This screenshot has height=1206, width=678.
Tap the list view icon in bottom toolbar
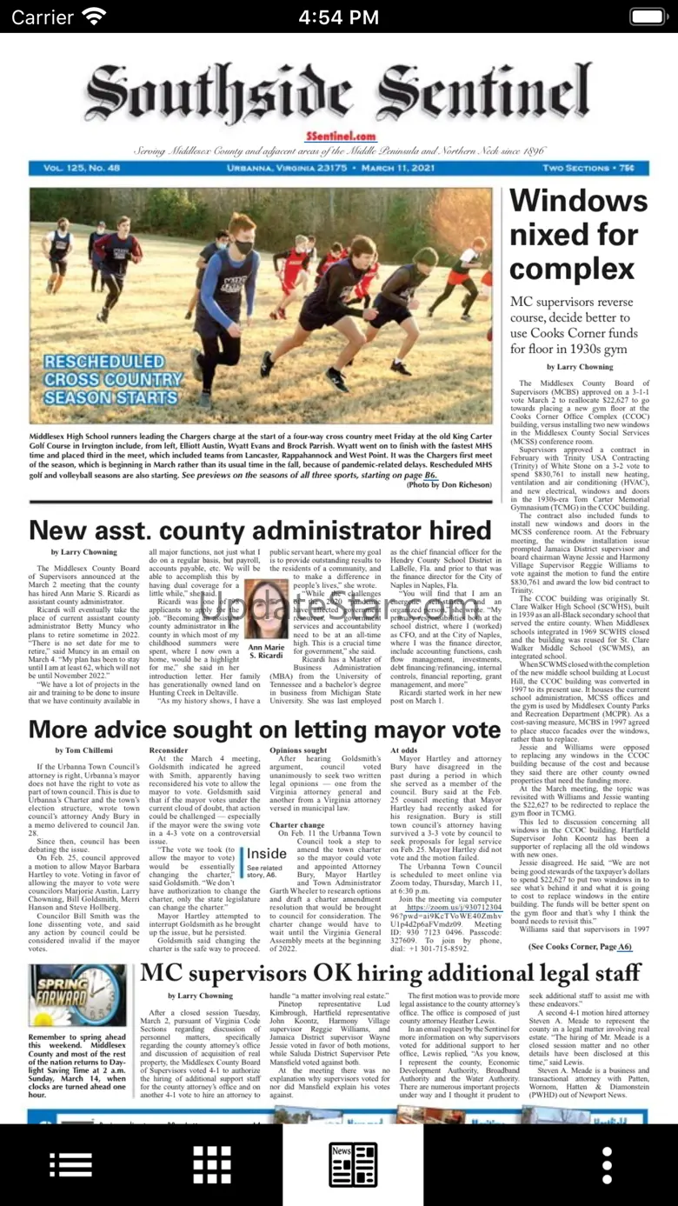pos(70,1164)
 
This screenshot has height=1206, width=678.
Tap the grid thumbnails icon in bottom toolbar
pos(212,1164)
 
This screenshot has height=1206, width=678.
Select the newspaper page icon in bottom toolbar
pos(353,1164)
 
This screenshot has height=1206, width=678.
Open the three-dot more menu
pos(607,1164)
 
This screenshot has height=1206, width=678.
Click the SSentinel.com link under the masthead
pos(341,137)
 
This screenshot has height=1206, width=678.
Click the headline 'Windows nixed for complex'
pos(578,235)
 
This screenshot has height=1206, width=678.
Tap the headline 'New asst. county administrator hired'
pos(260,530)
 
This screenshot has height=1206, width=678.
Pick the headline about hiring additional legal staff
pos(390,972)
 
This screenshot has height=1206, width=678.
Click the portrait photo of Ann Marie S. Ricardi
pos(266,609)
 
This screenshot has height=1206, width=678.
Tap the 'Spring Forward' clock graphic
pos(77,996)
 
